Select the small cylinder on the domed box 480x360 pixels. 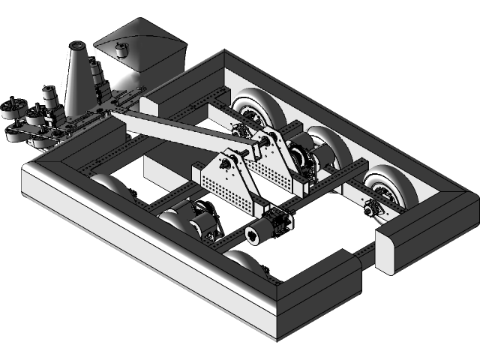tap(121, 51)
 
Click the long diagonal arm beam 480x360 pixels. tap(172, 131)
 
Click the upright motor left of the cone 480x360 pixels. tap(49, 97)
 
